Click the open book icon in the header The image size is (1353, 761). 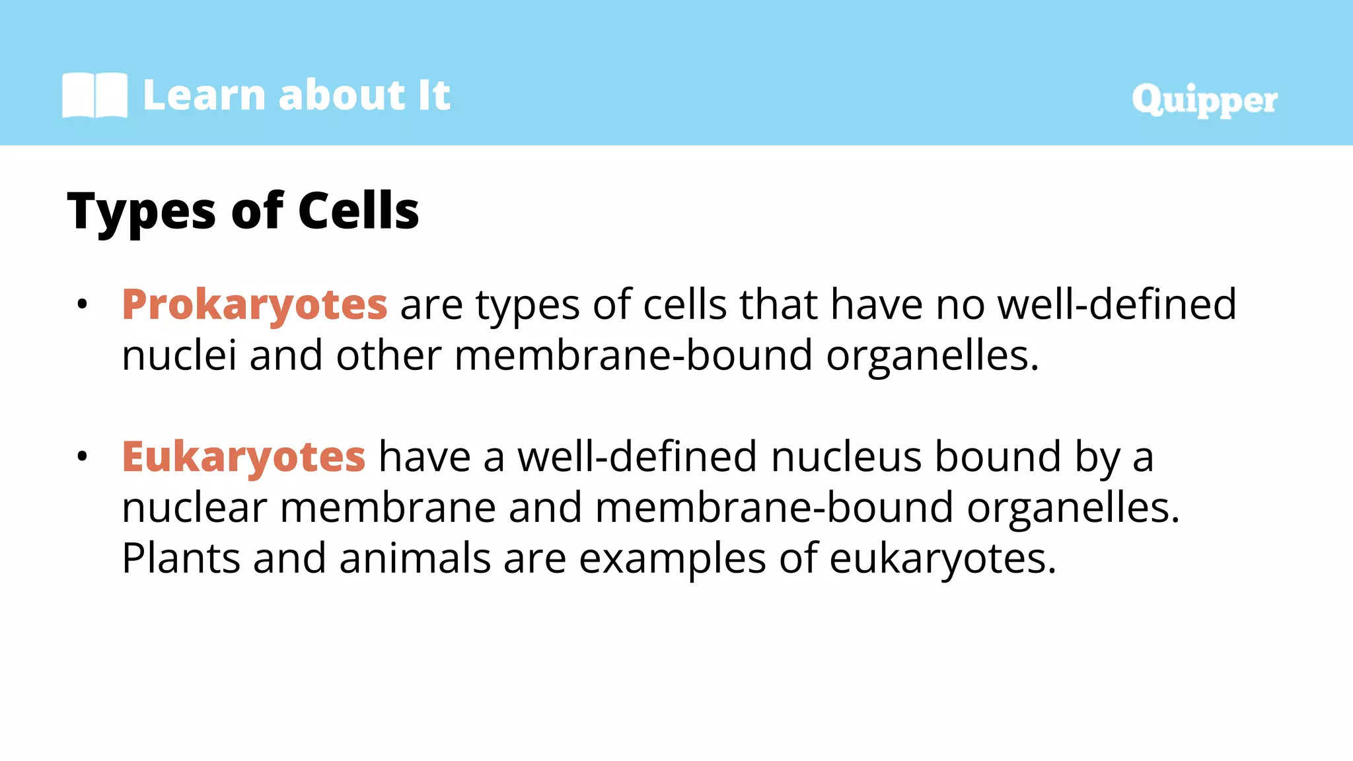click(x=94, y=95)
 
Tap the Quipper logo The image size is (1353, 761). click(x=1204, y=100)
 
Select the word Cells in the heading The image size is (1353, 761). click(x=358, y=211)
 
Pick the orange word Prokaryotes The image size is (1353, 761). click(x=254, y=306)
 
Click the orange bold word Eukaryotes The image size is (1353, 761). click(x=243, y=457)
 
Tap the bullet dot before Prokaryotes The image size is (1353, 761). click(x=82, y=305)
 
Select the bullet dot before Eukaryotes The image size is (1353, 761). click(x=82, y=456)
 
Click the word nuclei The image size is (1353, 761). click(x=179, y=355)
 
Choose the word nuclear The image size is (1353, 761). click(x=194, y=508)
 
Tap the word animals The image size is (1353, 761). click(x=415, y=558)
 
